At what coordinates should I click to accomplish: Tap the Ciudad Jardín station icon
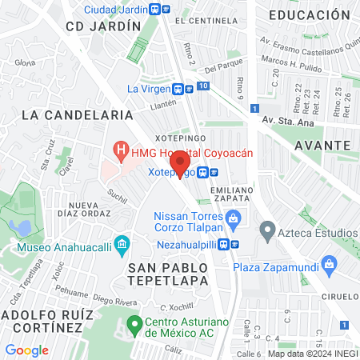pos(165,10)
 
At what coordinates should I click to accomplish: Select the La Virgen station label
pos(150,89)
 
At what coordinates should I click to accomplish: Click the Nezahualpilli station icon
pos(227,244)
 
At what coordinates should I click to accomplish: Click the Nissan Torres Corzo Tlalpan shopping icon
pos(233,218)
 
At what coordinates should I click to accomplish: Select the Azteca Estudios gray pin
pos(266,233)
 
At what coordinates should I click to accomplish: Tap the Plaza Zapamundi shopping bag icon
pos(328,264)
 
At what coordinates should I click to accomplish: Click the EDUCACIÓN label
pos(310,15)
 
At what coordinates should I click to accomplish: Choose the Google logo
pos(26,350)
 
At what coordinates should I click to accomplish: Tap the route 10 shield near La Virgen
pos(204,86)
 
